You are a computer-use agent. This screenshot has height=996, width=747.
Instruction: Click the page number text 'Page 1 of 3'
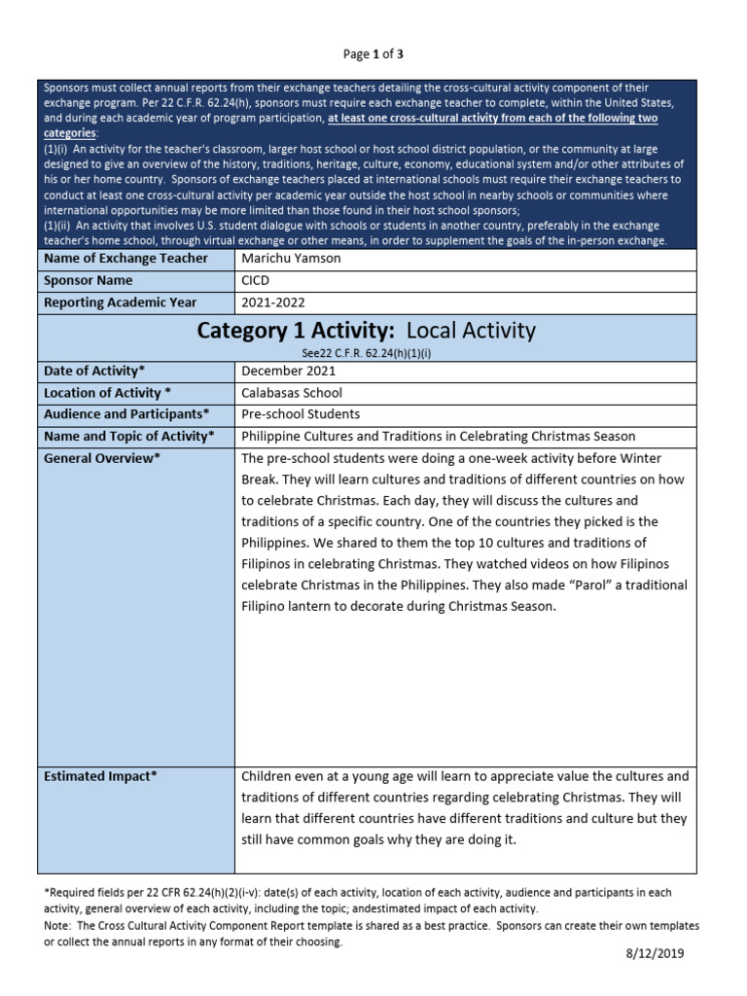[x=373, y=53]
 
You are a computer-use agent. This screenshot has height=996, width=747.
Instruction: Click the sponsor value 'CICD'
[x=256, y=280]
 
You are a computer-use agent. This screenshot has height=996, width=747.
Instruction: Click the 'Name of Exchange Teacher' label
[x=126, y=258]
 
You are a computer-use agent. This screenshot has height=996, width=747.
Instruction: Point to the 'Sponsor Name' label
[x=88, y=280]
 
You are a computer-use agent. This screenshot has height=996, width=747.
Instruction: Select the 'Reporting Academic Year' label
[x=121, y=302]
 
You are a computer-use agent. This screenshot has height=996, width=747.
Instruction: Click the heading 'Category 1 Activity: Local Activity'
[x=367, y=331]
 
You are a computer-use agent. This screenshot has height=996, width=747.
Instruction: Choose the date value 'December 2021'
[x=288, y=371]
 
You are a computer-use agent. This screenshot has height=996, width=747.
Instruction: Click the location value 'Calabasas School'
[x=292, y=393]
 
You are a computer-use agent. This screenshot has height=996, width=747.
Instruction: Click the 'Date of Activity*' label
[x=95, y=371]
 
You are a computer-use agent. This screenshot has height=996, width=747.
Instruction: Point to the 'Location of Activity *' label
[x=108, y=393]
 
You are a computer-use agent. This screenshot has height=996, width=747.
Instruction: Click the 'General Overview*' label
[x=101, y=458]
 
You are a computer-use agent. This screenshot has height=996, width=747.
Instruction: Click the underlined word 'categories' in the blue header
[x=70, y=132]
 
